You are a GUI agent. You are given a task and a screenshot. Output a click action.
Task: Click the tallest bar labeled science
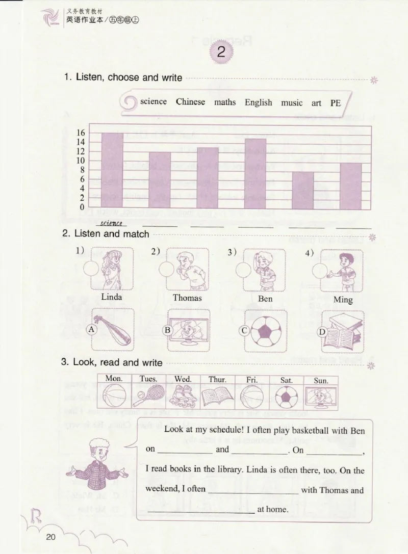click(x=112, y=170)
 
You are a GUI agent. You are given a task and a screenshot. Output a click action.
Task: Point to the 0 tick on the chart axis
click(x=82, y=207)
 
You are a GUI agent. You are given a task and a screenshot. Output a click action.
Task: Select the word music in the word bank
click(x=292, y=103)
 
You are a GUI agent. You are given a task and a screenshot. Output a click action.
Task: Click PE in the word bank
click(x=335, y=103)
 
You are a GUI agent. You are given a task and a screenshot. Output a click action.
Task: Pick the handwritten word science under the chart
click(x=111, y=223)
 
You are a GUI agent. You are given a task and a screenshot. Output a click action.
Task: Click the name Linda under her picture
click(x=112, y=297)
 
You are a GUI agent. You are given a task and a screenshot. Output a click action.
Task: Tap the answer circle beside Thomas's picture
click(x=167, y=269)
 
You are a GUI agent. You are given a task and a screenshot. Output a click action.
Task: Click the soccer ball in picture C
click(x=265, y=331)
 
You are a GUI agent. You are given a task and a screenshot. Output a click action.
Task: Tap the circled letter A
click(x=92, y=329)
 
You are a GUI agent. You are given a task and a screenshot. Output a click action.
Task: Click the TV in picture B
click(x=189, y=331)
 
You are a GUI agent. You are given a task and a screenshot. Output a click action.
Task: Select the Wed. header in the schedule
click(x=183, y=379)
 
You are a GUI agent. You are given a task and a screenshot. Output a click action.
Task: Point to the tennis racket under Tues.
click(x=148, y=394)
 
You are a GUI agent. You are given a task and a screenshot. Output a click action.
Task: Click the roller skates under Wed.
click(x=183, y=395)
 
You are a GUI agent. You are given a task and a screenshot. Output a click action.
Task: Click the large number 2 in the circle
click(x=220, y=52)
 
